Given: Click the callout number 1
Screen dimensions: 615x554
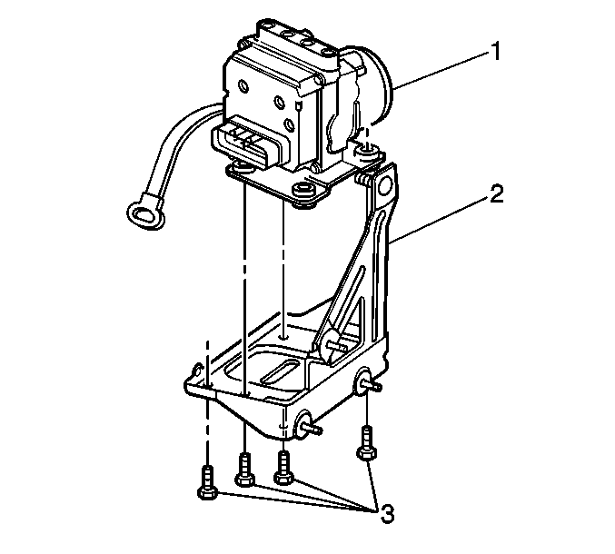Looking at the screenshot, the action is point(496,52).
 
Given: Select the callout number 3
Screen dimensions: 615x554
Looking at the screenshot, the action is point(387,514).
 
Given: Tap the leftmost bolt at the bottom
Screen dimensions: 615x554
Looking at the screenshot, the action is point(207,482).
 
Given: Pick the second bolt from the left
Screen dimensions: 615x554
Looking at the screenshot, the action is point(244,470).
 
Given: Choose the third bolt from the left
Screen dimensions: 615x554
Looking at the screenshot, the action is point(283,468).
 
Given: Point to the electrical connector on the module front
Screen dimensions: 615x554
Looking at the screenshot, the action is point(246,144).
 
